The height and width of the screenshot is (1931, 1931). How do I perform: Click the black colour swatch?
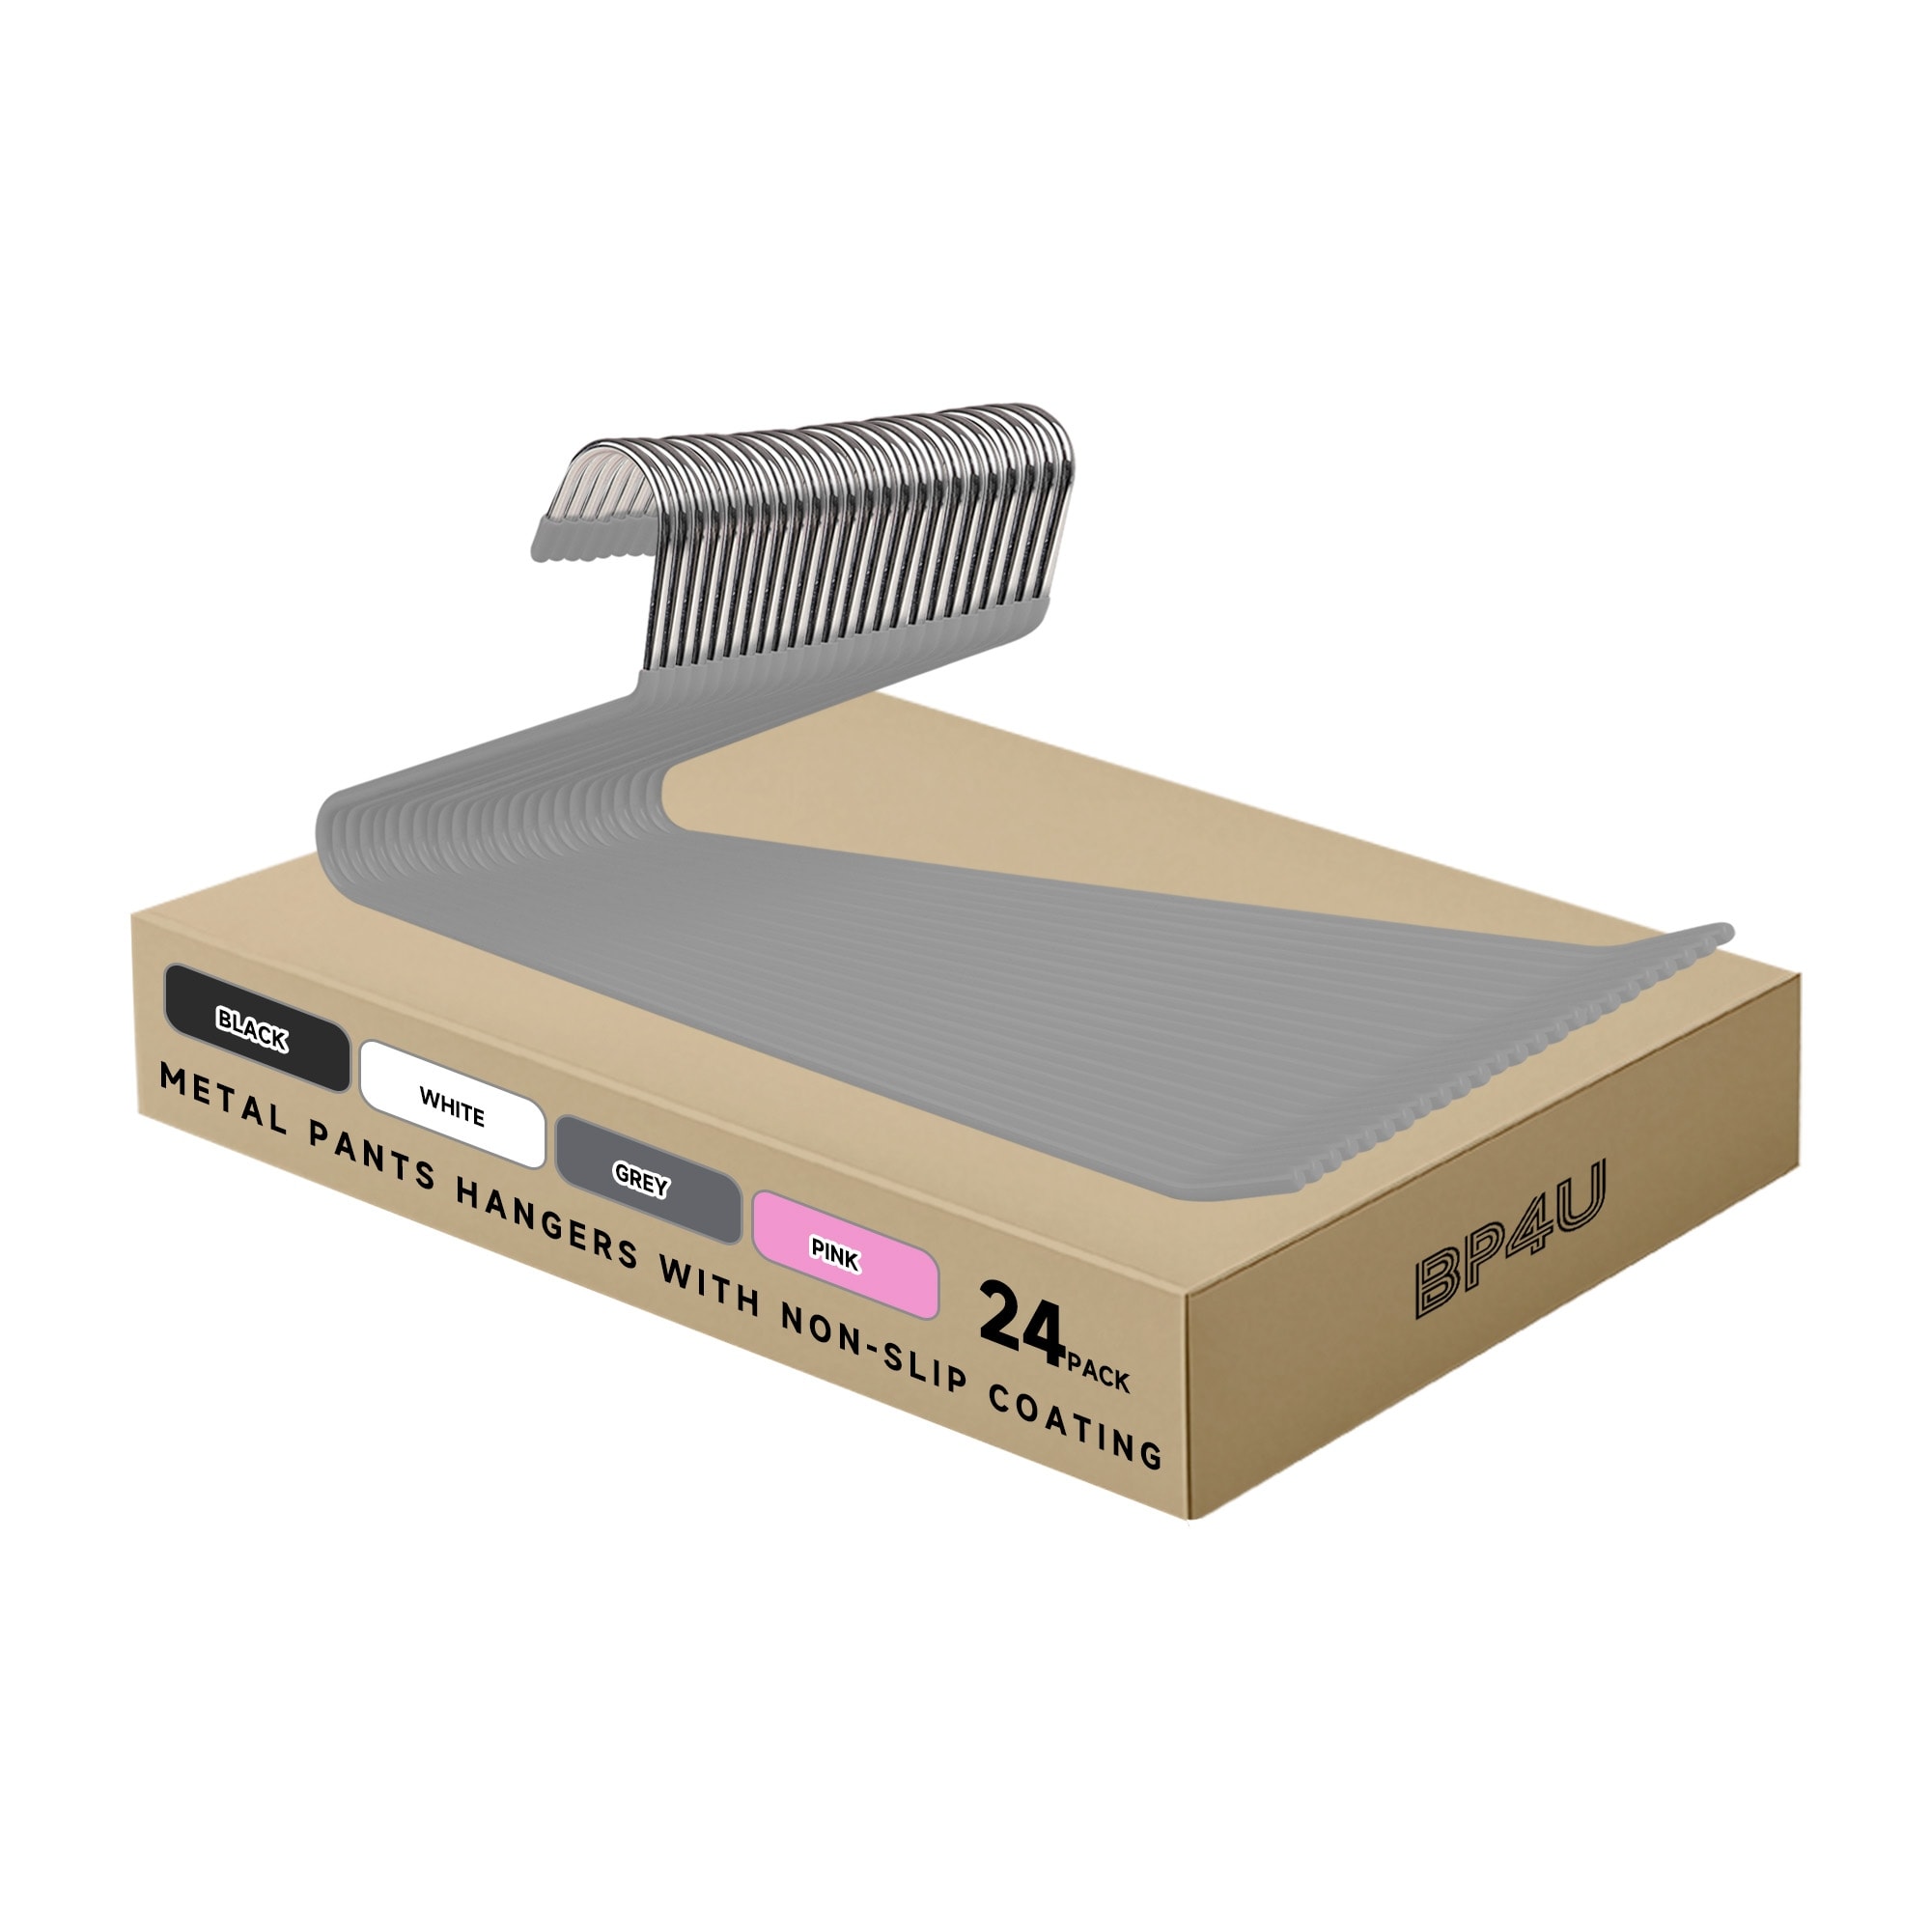[x=257, y=1027]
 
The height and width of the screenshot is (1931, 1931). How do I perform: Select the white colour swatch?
[x=453, y=1105]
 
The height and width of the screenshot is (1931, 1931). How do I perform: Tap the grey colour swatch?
[x=648, y=1180]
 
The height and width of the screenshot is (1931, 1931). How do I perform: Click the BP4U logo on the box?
[x=1510, y=1238]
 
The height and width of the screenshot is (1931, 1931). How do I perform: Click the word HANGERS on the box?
[x=546, y=1221]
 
